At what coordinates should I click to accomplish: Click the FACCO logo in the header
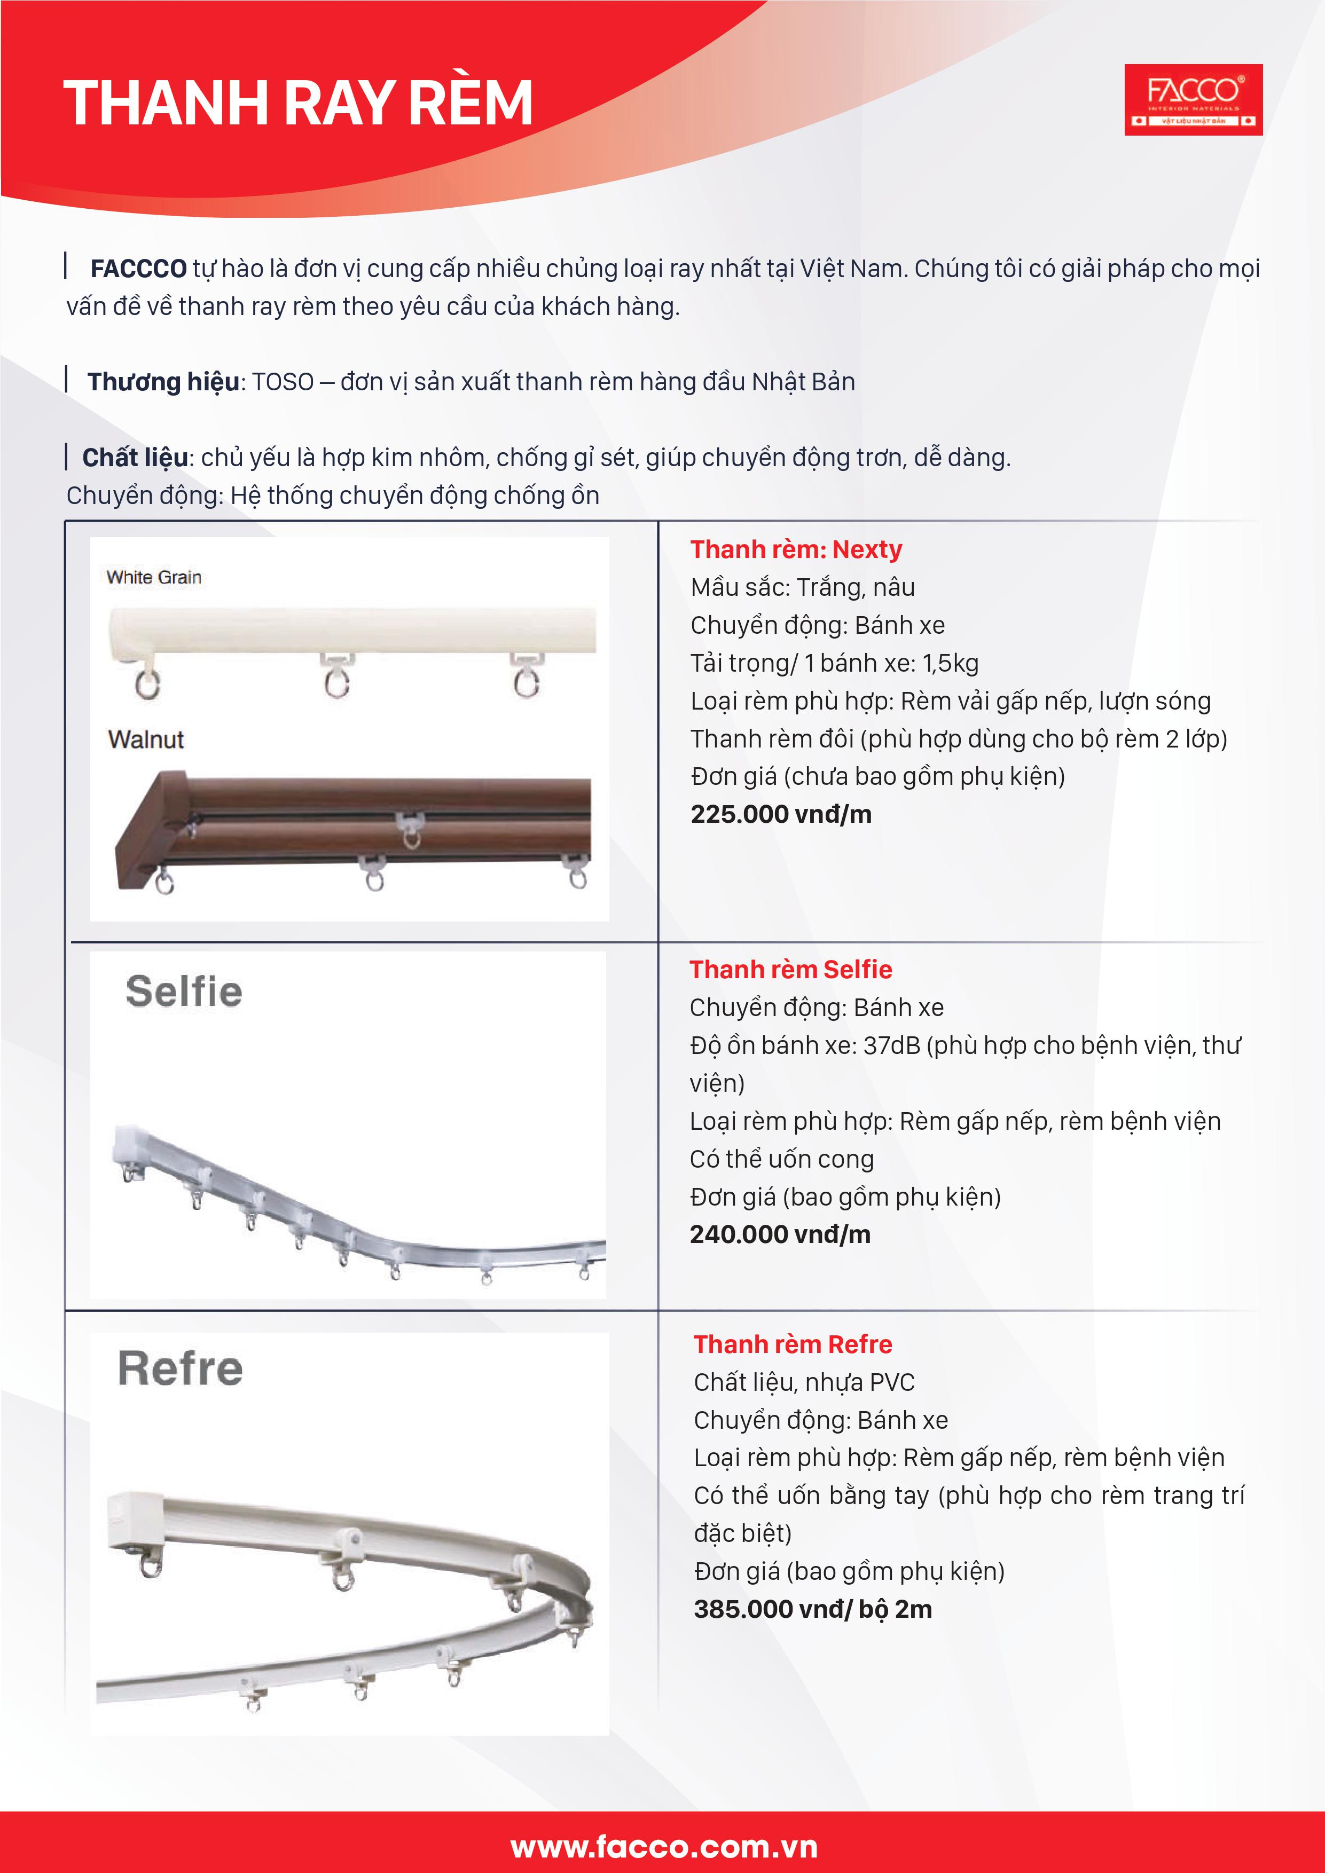[x=1193, y=99]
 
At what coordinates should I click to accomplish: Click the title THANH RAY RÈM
[x=298, y=104]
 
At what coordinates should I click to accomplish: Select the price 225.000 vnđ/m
[x=781, y=814]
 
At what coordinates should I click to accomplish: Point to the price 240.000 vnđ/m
[x=780, y=1234]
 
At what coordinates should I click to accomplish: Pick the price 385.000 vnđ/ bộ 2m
[x=813, y=1609]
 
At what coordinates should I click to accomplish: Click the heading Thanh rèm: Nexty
[x=796, y=550]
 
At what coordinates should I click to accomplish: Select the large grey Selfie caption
[x=184, y=992]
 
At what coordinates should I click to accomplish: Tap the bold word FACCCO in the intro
[x=139, y=269]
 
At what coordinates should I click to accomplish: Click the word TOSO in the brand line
[x=283, y=382]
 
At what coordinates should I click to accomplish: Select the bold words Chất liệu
[x=136, y=458]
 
